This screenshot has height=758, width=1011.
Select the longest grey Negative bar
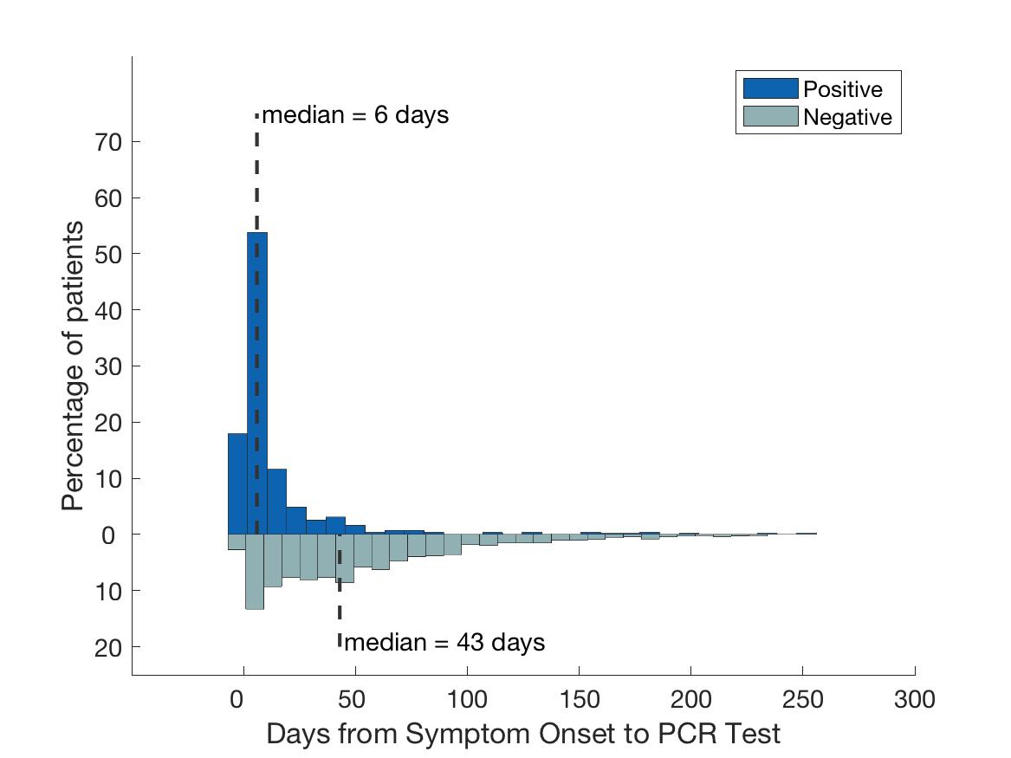coord(255,572)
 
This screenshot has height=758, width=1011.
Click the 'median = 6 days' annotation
coord(355,115)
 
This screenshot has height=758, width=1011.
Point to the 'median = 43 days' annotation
coord(444,643)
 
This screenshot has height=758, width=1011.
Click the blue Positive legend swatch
coord(769,88)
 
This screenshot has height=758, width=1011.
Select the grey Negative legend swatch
coord(769,117)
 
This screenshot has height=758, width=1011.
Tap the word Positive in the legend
coord(842,89)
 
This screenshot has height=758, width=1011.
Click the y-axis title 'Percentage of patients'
coord(74,366)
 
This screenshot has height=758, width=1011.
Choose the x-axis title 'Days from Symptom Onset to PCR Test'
coord(523,734)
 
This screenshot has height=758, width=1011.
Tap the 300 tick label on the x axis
coord(914,698)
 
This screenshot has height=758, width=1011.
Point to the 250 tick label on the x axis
coord(802,698)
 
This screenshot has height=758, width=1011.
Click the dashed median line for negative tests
coord(340,606)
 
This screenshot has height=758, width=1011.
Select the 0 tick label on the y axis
coord(109,534)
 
